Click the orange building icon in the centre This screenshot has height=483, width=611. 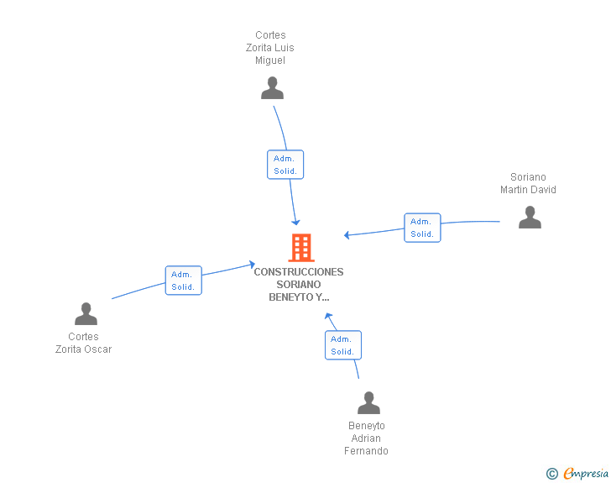click(x=301, y=247)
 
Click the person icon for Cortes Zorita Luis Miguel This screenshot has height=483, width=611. click(x=273, y=88)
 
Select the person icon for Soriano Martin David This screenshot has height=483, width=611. click(x=530, y=217)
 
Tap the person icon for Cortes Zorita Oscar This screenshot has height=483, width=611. click(x=86, y=313)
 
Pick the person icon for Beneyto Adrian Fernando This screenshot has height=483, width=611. click(x=368, y=402)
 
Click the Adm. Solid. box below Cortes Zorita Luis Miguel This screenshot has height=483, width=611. click(x=285, y=165)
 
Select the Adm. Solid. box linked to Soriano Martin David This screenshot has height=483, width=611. click(x=422, y=228)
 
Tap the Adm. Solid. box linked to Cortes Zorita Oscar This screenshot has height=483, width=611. click(x=184, y=281)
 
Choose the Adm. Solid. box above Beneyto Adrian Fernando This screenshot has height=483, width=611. click(x=343, y=345)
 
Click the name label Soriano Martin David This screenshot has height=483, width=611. click(x=528, y=183)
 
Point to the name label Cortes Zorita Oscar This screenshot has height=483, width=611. click(x=83, y=343)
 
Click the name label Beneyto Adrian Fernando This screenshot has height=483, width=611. click(x=366, y=438)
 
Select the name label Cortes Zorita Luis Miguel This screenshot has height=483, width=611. click(x=270, y=48)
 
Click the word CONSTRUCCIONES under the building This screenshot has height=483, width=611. click(x=299, y=272)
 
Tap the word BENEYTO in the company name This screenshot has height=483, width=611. click(x=291, y=297)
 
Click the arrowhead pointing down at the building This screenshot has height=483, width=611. click(x=295, y=223)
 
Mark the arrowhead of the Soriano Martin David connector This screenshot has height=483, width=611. click(x=347, y=235)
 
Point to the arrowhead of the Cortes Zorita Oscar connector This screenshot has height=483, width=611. click(x=252, y=265)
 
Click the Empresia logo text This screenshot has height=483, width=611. click(x=586, y=474)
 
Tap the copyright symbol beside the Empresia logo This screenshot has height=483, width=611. click(x=552, y=474)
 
